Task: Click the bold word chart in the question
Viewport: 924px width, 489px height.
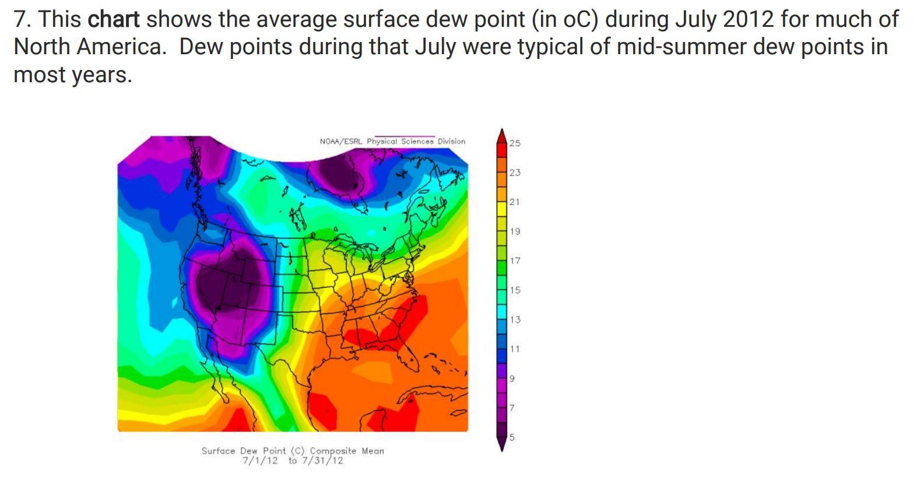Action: (113, 20)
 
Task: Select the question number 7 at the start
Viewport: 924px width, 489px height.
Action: (20, 20)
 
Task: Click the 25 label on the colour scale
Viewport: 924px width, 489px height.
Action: (515, 143)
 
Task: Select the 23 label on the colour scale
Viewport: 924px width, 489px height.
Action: (515, 173)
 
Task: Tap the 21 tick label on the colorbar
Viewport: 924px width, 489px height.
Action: (514, 202)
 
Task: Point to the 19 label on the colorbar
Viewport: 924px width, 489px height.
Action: (515, 231)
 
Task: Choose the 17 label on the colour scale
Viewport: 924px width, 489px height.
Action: (515, 261)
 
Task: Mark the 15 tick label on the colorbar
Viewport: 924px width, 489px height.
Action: (515, 290)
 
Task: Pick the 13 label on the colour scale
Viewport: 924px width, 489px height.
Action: (515, 319)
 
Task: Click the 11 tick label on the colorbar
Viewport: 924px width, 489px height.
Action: (514, 349)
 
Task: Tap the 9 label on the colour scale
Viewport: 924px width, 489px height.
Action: (512, 378)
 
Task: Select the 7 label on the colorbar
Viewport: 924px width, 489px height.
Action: (512, 407)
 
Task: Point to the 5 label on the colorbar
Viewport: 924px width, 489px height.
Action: (512, 437)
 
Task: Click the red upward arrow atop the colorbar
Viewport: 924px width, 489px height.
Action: (501, 135)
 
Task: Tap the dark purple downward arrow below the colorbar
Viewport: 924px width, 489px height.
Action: (501, 444)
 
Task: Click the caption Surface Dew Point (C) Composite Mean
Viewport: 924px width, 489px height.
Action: (293, 451)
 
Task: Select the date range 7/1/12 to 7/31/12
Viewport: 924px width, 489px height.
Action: (293, 461)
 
